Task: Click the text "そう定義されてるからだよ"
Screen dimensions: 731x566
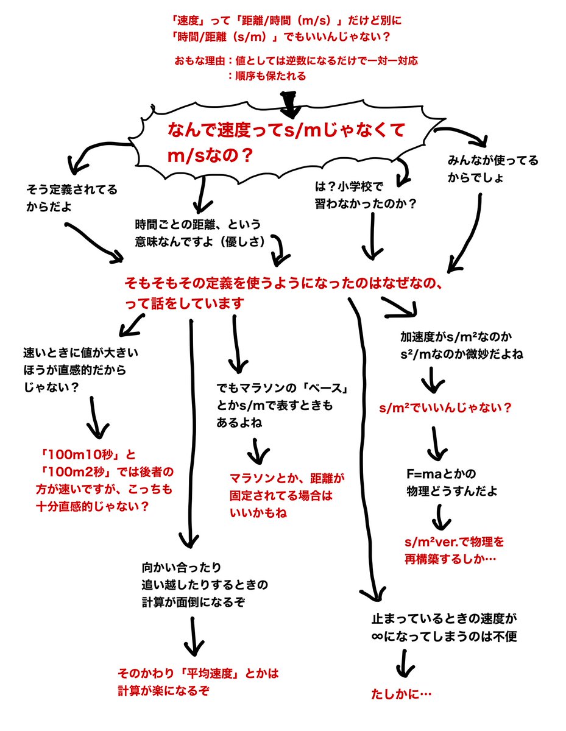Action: tap(72, 197)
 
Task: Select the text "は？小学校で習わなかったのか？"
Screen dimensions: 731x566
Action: tap(364, 196)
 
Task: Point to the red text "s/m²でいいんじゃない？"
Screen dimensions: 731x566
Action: tap(444, 408)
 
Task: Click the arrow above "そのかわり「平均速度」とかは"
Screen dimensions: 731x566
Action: tap(194, 637)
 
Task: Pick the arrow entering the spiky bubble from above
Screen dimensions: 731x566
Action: tap(290, 104)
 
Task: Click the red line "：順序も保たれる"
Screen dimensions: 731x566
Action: tap(266, 76)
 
